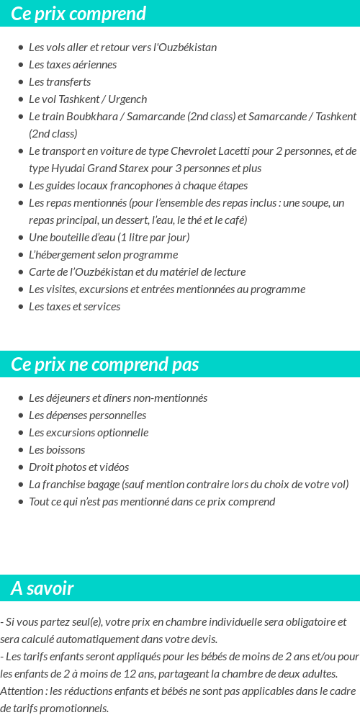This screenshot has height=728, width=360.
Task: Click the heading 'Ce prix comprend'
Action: (78, 14)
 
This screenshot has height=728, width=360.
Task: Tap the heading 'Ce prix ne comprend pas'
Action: (104, 364)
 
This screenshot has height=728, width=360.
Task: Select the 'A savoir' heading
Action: (42, 588)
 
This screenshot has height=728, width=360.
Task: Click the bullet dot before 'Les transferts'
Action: (21, 82)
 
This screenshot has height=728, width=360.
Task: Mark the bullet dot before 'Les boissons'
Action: (21, 450)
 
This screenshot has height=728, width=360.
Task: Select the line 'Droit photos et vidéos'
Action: (78, 467)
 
